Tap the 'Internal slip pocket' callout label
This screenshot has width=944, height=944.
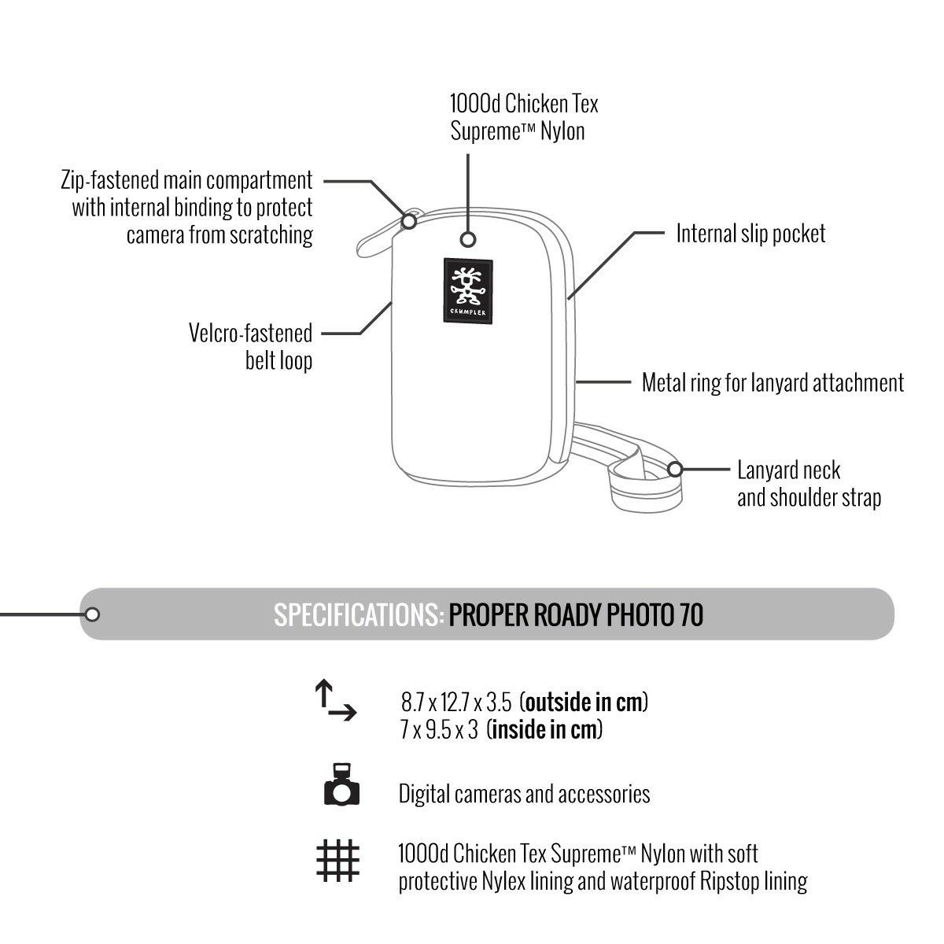(750, 234)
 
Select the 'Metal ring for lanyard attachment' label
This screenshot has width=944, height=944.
(773, 383)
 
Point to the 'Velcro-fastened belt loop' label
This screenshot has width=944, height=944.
(250, 347)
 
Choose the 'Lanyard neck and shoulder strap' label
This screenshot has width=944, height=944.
(809, 484)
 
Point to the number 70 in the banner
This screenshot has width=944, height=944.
(691, 615)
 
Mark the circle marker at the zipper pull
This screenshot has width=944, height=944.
(409, 222)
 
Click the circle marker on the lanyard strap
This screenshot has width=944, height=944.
(674, 470)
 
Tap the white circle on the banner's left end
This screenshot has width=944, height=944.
(92, 614)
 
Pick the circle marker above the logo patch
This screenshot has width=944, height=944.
(469, 239)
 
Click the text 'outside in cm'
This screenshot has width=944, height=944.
(586, 701)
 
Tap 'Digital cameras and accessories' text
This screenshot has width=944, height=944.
(524, 794)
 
